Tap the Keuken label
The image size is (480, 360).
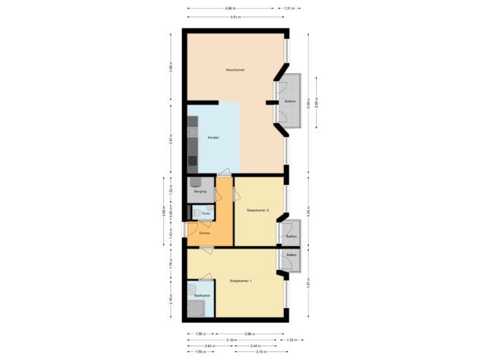[213, 137]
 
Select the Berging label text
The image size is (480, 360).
[199, 192]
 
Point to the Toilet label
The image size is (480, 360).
[206, 213]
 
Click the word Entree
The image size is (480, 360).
[205, 233]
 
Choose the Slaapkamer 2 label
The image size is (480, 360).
[257, 210]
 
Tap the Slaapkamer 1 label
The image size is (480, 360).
[241, 281]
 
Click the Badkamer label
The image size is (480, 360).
[202, 295]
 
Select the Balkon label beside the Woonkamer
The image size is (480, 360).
[290, 101]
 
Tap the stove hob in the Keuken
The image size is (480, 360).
[193, 161]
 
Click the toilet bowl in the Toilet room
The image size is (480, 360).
[198, 213]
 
